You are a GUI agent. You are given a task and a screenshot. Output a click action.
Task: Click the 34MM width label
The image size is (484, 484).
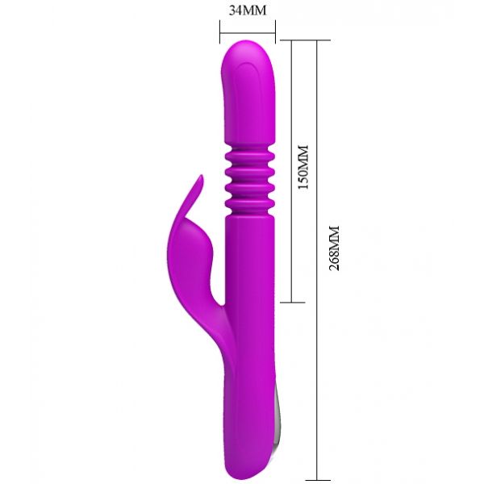[248, 10]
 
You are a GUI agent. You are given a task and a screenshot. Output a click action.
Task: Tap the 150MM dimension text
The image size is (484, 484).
[302, 167]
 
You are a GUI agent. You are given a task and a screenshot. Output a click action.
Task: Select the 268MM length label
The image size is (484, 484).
[334, 248]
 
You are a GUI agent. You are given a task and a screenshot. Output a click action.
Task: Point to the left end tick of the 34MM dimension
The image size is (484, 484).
[220, 31]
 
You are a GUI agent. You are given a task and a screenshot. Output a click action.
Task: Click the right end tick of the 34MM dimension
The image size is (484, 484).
[275, 31]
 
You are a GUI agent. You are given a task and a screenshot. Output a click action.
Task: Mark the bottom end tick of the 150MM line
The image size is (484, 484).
[292, 302]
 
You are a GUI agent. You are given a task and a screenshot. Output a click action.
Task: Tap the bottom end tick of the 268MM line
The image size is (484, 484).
[317, 480]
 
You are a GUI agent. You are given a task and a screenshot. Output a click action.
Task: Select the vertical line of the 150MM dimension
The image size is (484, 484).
[292, 171]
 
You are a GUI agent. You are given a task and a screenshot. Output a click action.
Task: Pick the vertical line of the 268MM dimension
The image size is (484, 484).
[317, 261]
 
